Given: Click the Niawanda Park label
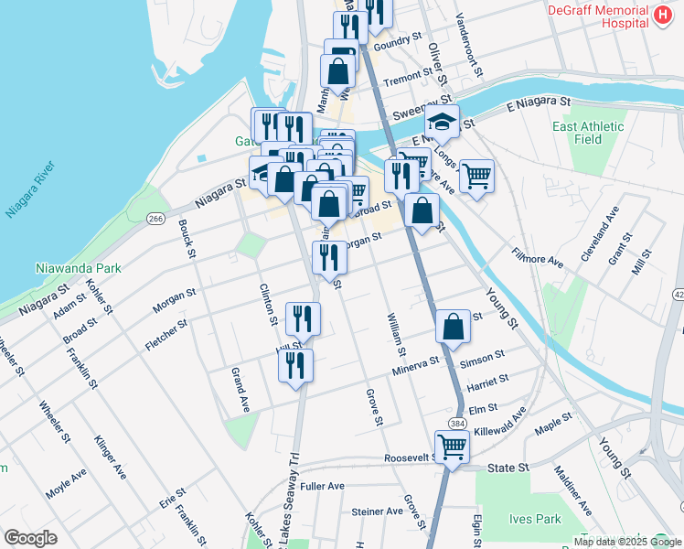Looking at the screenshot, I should click(78, 269).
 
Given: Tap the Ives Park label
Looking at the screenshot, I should click(534, 519).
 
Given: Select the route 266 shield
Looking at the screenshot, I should click(155, 218).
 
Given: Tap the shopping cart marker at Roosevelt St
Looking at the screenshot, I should click(452, 447).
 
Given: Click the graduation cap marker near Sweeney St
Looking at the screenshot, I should click(442, 120).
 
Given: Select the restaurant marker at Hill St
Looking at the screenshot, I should click(295, 365).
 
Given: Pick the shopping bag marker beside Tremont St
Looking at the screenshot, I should click(337, 70).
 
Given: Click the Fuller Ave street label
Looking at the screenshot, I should click(322, 486).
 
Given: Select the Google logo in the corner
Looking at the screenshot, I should click(30, 538).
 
